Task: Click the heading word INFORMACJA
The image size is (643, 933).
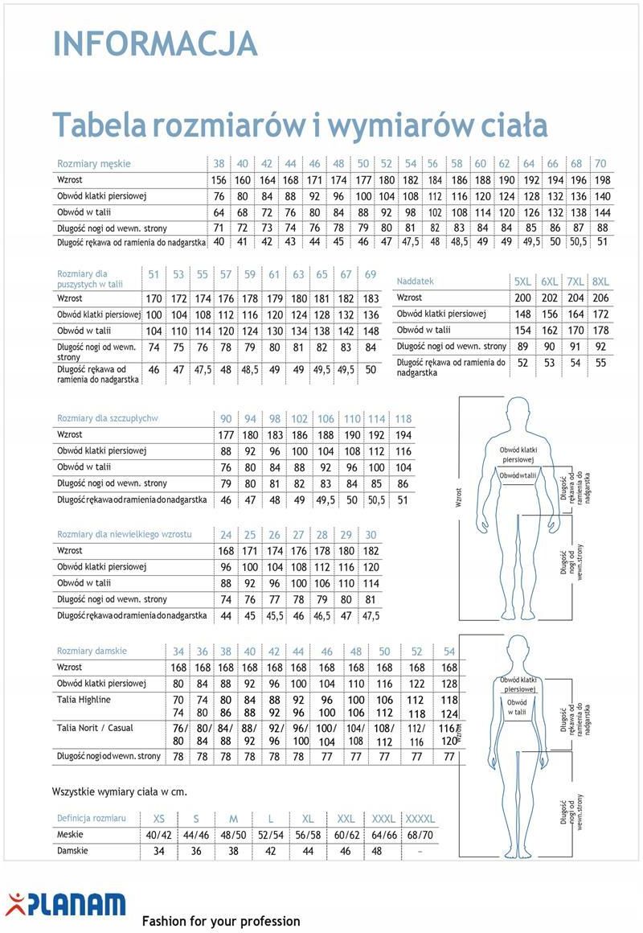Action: pos(155,43)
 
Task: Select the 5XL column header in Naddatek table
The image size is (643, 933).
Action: pos(522,282)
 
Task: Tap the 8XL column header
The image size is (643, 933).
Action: pos(600,282)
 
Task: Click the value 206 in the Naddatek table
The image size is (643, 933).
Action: pos(600,298)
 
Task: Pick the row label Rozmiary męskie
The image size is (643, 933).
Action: pos(94,163)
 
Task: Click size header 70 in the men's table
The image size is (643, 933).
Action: pos(600,163)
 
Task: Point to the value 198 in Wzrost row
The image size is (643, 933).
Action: pos(602,179)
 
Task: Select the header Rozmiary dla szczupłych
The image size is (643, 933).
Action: pos(108,418)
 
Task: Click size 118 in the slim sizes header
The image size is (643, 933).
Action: pos(403,418)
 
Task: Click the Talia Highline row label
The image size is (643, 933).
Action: pos(84,700)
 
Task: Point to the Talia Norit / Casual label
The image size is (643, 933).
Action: pos(96,728)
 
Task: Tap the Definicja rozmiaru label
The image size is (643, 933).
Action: pos(92,818)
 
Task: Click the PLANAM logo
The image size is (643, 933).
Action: pos(66,905)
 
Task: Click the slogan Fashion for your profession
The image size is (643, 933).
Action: pos(221,921)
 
